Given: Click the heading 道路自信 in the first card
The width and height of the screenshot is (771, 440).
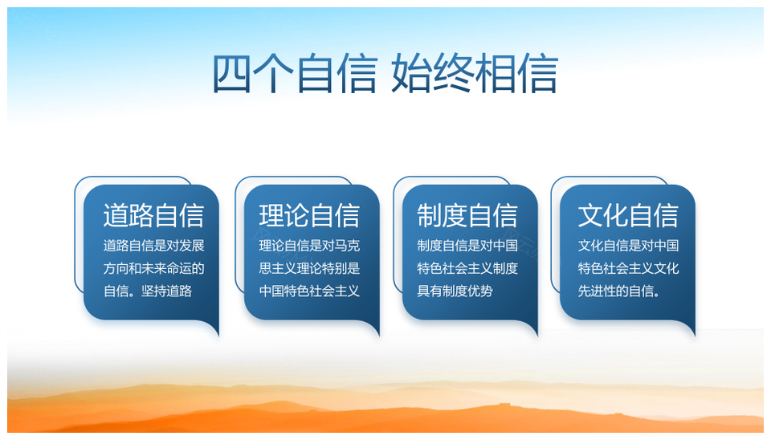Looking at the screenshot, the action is (x=153, y=215).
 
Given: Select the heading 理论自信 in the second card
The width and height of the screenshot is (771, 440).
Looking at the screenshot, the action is (x=310, y=215).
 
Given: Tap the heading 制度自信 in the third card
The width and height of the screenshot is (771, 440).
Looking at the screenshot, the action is (x=467, y=215).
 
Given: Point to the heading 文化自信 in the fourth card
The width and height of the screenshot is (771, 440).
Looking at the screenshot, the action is (x=628, y=215).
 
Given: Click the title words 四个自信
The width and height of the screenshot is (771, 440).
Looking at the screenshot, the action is (x=295, y=74).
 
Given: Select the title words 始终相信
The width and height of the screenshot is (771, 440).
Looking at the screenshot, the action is (x=475, y=74).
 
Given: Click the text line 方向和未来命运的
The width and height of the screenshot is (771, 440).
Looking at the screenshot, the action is (x=153, y=268).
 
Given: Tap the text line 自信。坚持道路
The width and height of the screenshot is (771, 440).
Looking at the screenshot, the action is (x=148, y=291).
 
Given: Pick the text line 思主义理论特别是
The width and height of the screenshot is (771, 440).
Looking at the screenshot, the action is (x=310, y=268).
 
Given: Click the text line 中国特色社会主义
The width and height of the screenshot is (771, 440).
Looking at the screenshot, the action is (x=310, y=291).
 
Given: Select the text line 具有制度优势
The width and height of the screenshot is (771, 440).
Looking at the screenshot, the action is (x=455, y=291).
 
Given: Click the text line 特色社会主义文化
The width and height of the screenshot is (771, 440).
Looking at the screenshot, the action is (x=628, y=268).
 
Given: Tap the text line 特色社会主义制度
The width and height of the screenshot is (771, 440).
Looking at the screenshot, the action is (x=467, y=268).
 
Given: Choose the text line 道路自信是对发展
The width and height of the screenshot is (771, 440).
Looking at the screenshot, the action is (x=153, y=246).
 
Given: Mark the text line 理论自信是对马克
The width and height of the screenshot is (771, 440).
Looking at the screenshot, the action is (x=310, y=246).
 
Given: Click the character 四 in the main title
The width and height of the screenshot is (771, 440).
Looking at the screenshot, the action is (x=231, y=74).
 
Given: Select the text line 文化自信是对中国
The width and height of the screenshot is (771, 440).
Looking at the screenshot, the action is (x=628, y=246).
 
